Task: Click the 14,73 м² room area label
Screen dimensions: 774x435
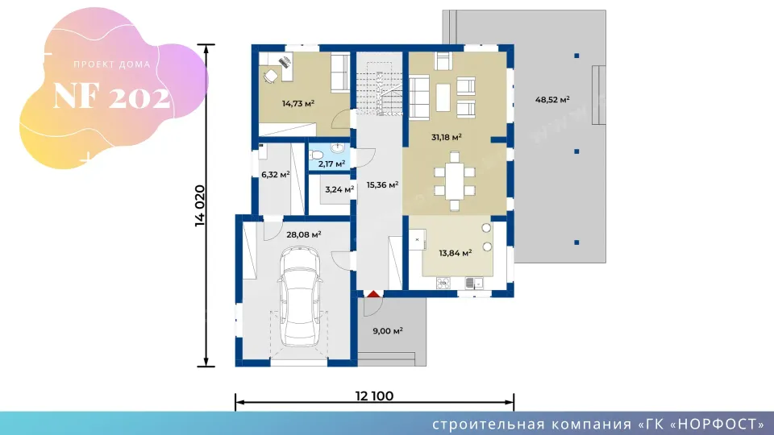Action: click(298, 104)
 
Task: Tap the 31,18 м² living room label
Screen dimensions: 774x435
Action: click(446, 137)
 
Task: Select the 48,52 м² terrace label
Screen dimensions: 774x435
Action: click(552, 100)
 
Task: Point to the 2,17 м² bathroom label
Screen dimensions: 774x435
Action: click(331, 164)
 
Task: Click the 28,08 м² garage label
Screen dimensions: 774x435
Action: click(304, 234)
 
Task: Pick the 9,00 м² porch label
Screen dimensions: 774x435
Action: click(388, 331)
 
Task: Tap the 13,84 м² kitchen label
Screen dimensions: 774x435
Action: click(455, 253)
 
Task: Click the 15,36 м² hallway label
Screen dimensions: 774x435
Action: click(382, 185)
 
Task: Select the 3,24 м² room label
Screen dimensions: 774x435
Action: click(339, 188)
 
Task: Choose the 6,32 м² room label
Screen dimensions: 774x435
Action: click(276, 175)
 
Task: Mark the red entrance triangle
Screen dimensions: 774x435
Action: click(373, 294)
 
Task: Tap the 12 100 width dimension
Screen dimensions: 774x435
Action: click(374, 396)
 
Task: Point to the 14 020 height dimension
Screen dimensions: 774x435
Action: click(199, 205)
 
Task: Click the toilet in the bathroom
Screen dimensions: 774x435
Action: click(316, 155)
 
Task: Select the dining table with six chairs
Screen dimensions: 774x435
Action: click(454, 181)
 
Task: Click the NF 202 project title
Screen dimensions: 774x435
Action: click(111, 96)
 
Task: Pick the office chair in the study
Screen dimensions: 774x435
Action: click(271, 77)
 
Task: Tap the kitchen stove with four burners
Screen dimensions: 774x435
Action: click(443, 283)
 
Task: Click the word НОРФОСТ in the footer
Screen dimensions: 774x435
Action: click(717, 425)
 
